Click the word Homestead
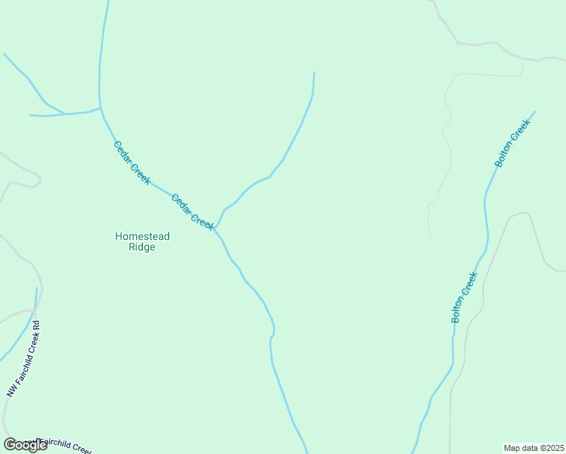(142, 236)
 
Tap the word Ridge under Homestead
(142, 247)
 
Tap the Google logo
(25, 445)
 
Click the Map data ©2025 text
(534, 448)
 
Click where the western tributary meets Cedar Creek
(101, 108)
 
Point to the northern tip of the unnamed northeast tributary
(313, 73)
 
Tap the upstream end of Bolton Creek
(534, 112)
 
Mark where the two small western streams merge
(64, 113)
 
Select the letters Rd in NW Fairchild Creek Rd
(35, 327)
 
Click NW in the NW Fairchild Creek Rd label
(11, 390)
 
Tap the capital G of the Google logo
(11, 445)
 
